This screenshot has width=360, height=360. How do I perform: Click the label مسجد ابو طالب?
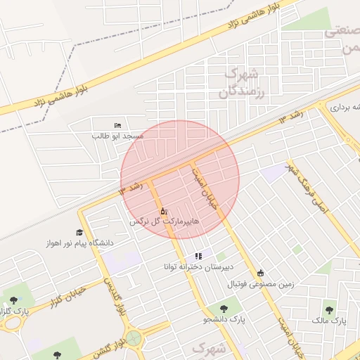pyautogui.click(x=117, y=134)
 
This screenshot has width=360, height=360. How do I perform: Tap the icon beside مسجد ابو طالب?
pyautogui.click(x=117, y=124)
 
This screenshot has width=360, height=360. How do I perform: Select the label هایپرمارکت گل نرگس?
pyautogui.click(x=164, y=221)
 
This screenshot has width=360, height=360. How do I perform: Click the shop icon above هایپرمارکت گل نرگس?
pyautogui.click(x=164, y=210)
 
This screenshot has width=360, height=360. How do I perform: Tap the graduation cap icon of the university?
pyautogui.click(x=79, y=232)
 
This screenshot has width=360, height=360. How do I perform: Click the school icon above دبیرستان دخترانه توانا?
pyautogui.click(x=198, y=256)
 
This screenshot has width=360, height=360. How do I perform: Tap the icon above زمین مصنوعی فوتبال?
pyautogui.click(x=261, y=273)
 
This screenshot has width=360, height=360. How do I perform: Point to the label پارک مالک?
pyautogui.click(x=329, y=320)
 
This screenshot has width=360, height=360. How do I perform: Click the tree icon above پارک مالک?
pyautogui.click(x=329, y=309)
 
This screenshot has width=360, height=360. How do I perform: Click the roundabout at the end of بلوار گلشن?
pyautogui.click(x=134, y=339)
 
